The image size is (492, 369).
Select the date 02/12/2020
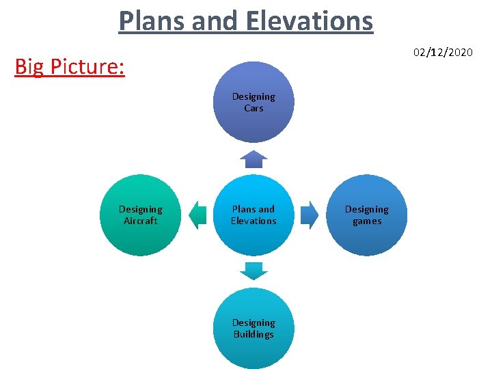442,52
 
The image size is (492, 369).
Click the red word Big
31,67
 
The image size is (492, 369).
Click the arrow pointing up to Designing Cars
254,159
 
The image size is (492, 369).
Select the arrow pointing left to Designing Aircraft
197,215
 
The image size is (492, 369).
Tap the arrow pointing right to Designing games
310,215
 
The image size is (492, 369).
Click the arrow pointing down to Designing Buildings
254,271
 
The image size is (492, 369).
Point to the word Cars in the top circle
254,108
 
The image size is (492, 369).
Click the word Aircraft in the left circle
140,221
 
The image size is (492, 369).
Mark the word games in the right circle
367,221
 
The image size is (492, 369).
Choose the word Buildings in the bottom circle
254,334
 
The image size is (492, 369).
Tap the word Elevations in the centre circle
254,221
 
